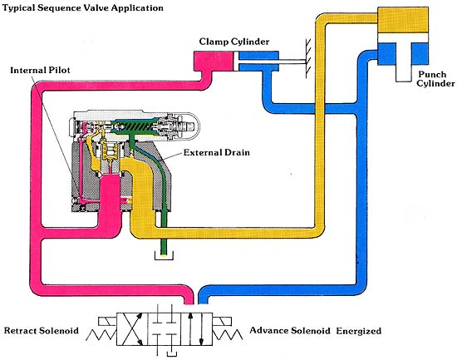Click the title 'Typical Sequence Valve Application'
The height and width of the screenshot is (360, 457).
(83, 8)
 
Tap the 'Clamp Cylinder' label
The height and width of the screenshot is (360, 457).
(234, 42)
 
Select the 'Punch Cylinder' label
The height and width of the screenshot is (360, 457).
(435, 79)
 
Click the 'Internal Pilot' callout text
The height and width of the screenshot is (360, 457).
(40, 71)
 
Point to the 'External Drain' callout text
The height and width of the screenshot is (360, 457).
(217, 153)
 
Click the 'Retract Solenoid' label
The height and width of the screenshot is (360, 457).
(42, 331)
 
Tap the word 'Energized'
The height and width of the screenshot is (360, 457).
(358, 331)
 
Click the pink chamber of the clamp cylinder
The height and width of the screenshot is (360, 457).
(214, 61)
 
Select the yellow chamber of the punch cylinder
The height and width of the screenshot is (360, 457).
(403, 20)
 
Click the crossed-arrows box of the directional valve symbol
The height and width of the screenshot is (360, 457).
(132, 329)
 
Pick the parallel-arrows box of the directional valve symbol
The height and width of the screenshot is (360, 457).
(196, 329)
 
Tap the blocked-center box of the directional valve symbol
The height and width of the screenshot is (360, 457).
(164, 329)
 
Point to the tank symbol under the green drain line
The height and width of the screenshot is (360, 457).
(164, 255)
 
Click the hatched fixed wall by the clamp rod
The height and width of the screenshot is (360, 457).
(307, 58)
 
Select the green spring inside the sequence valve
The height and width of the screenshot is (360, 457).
(135, 126)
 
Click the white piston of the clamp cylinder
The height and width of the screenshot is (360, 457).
(236, 61)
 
